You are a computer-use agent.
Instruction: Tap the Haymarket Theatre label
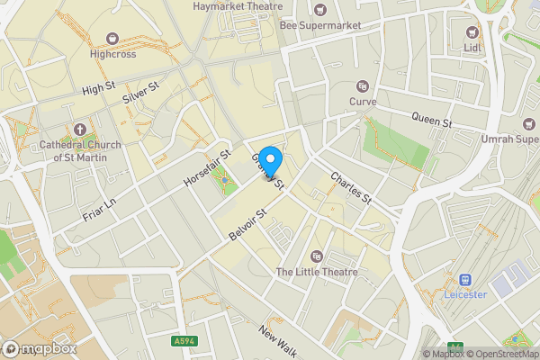[x=231, y=6]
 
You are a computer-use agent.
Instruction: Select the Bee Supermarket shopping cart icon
[x=321, y=10]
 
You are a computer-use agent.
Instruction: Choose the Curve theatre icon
[x=363, y=86]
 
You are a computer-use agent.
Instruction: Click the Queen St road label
[x=431, y=118]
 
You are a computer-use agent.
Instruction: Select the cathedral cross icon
[x=79, y=130]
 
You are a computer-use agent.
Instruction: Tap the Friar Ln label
[x=100, y=208]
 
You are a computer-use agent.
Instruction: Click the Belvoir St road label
[x=249, y=225]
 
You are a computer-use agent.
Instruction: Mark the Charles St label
[x=351, y=187]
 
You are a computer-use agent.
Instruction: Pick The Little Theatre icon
[x=316, y=256]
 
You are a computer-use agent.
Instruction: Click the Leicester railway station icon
[x=466, y=280]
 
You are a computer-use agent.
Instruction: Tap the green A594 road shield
[x=184, y=341]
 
